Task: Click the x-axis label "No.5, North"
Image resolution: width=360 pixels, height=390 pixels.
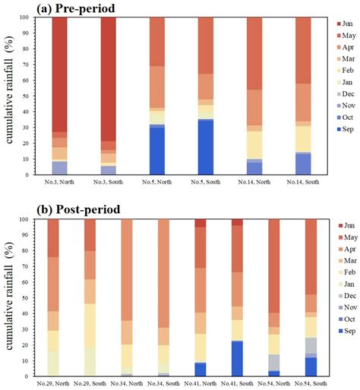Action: (x=157, y=183)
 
